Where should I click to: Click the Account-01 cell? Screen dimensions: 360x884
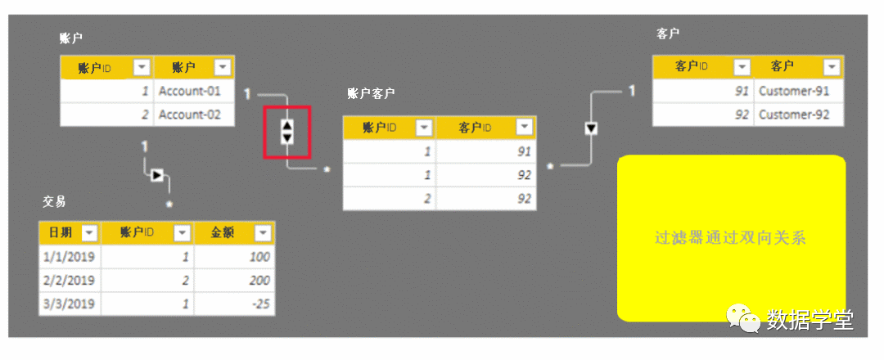(x=190, y=91)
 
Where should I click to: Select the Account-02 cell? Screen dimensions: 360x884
(x=190, y=115)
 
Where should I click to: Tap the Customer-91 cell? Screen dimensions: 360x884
(x=794, y=91)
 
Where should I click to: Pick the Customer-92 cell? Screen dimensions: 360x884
(x=794, y=115)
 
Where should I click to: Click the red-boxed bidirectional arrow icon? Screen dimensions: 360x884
(x=286, y=132)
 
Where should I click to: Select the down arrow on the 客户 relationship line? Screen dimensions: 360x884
(x=591, y=128)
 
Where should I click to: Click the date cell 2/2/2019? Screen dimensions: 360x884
(x=69, y=281)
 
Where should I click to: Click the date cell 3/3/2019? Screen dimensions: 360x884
(x=69, y=304)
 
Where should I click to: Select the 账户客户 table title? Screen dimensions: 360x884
(x=371, y=94)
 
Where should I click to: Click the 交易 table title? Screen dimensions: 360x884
(x=54, y=201)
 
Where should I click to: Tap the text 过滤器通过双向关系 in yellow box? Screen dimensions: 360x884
(x=730, y=238)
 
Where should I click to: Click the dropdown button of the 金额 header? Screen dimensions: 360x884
(x=262, y=233)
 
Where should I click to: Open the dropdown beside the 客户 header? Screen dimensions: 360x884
(x=832, y=67)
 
